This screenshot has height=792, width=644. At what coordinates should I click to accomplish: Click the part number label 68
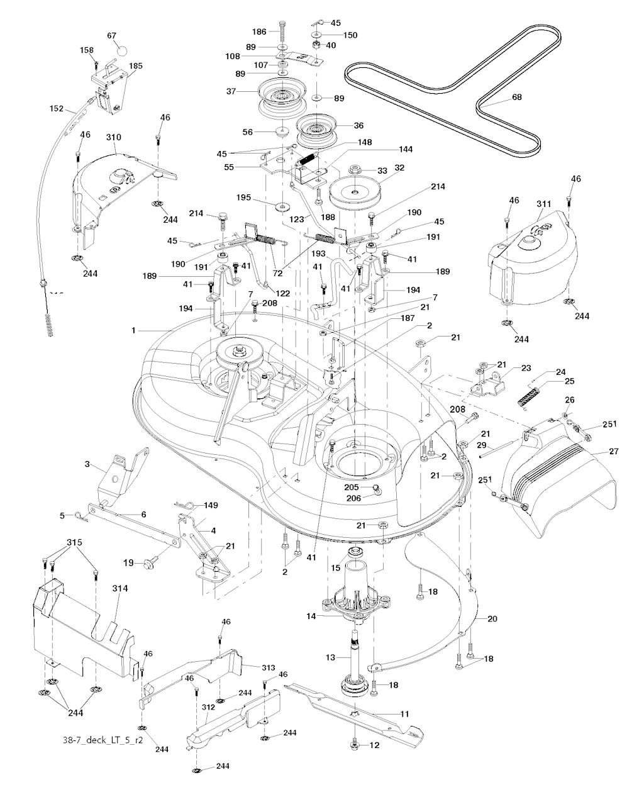click(x=517, y=97)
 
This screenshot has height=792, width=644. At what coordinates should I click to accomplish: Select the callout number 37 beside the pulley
click(x=231, y=92)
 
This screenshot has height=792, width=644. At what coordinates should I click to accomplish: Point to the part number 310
click(x=114, y=137)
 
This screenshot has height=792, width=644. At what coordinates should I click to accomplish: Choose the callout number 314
click(x=119, y=588)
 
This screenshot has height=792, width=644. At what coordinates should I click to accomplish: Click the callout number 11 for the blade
click(x=404, y=713)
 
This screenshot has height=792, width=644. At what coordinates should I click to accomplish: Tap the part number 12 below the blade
click(x=375, y=745)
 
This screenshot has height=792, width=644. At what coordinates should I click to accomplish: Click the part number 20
click(x=492, y=618)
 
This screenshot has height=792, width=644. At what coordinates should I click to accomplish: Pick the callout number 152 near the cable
click(x=57, y=108)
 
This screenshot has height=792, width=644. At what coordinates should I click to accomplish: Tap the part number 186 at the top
click(x=260, y=31)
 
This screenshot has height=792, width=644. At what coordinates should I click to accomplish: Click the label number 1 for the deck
click(x=133, y=330)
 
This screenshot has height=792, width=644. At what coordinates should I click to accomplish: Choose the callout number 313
click(x=251, y=667)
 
